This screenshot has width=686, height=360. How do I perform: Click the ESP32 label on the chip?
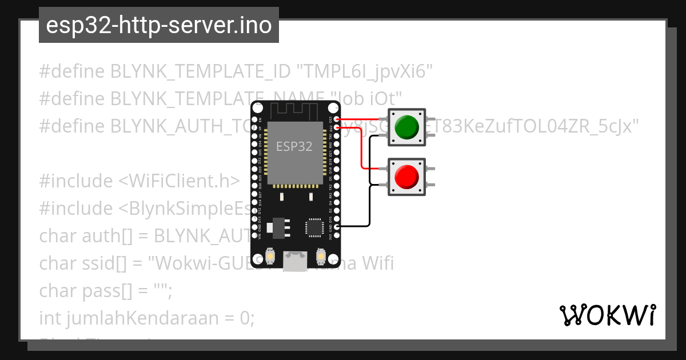point(294,146)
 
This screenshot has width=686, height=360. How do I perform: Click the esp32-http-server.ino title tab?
point(158,25)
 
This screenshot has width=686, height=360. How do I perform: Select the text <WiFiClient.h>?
point(180,181)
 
